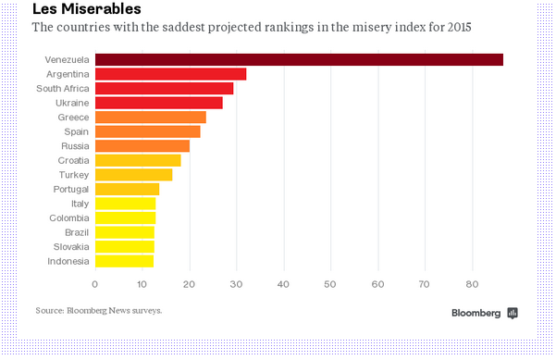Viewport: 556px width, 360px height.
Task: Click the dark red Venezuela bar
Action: coord(299,59)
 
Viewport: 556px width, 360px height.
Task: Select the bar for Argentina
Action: coord(170,74)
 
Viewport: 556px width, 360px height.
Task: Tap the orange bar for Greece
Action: coord(151,117)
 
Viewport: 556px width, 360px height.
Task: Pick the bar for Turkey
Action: coord(134,175)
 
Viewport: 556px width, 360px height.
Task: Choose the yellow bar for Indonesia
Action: coord(125,261)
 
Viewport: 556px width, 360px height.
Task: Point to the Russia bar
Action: coord(142,146)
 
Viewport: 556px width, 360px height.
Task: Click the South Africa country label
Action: coord(62,88)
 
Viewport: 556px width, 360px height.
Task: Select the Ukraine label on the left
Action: coord(72,103)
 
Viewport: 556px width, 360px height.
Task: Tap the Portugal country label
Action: coord(71,190)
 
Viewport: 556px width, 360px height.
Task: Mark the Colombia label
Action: coord(69,217)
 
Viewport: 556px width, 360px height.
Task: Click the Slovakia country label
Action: coord(71,246)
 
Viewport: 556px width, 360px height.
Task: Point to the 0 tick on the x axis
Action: coord(94,284)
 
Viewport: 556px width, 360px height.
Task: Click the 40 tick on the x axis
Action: coord(283,284)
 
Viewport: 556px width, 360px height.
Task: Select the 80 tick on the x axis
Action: coord(472,284)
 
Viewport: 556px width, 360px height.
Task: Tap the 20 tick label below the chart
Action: coord(189,284)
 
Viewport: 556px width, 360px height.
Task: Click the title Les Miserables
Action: coord(87,9)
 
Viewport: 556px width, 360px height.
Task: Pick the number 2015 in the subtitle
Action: coord(459,27)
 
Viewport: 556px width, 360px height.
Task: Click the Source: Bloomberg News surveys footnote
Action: coord(99,311)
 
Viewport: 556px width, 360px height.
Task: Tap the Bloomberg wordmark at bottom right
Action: coord(476,313)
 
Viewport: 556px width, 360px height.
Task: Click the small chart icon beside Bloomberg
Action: coord(513,313)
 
